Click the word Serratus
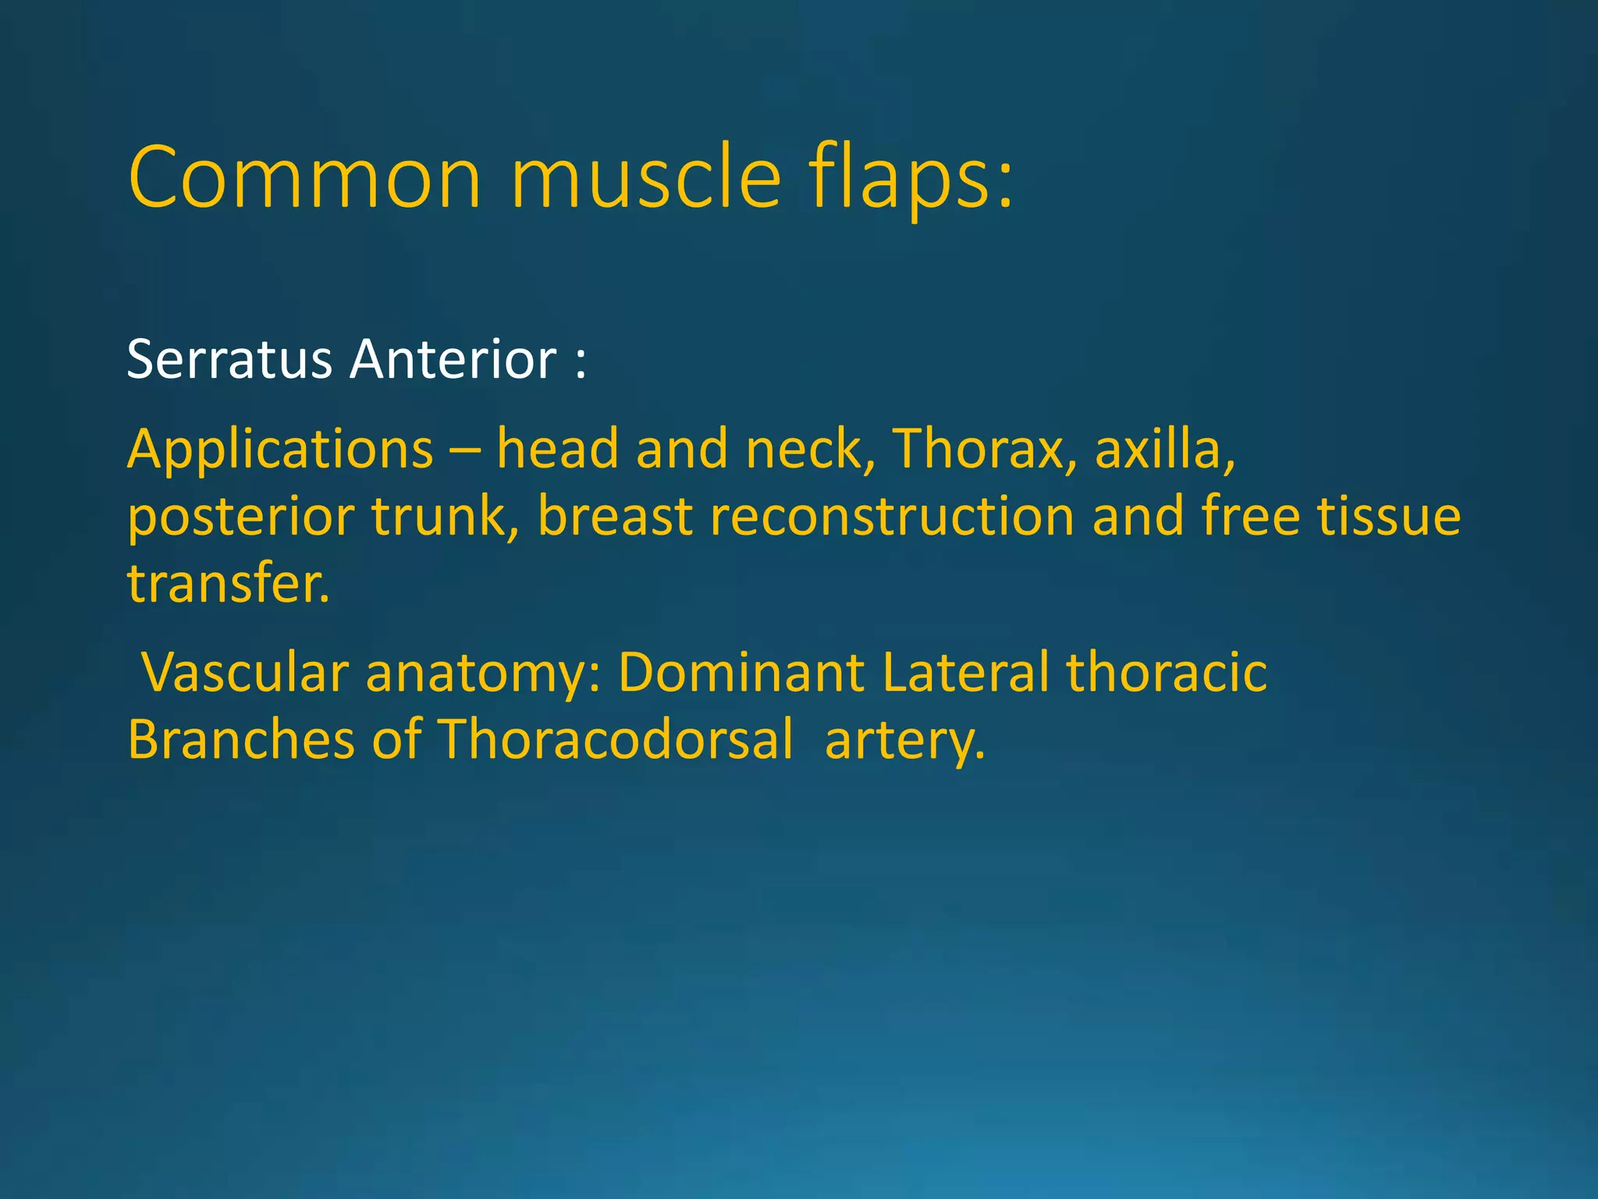coord(229,360)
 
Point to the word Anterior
coord(453,360)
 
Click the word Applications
coord(280,450)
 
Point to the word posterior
coord(241,518)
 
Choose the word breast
coord(615,518)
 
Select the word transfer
coord(228,585)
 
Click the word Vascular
coord(244,673)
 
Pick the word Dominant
coord(741,673)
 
